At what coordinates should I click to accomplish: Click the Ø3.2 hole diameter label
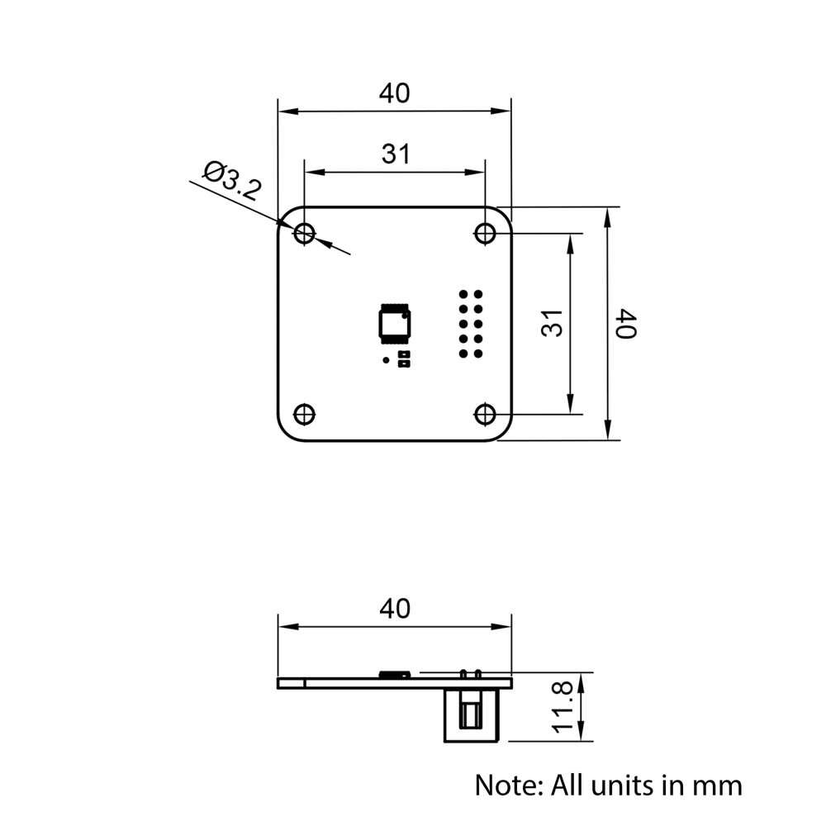232,182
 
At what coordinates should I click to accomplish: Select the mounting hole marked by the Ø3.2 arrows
305,234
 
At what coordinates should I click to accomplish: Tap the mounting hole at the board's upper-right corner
485,234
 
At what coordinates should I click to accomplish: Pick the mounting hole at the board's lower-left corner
305,413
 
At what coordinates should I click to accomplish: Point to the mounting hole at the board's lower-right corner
485,413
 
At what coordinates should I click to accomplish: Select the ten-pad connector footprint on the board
471,324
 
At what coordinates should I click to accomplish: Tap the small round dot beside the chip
386,360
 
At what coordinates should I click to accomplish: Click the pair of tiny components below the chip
404,358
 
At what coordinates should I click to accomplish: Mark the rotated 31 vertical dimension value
553,323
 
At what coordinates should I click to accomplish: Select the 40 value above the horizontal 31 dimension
394,93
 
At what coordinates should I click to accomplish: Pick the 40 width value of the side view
394,609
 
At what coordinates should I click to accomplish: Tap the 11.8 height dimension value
564,707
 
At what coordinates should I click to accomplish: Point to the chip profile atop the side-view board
395,674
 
